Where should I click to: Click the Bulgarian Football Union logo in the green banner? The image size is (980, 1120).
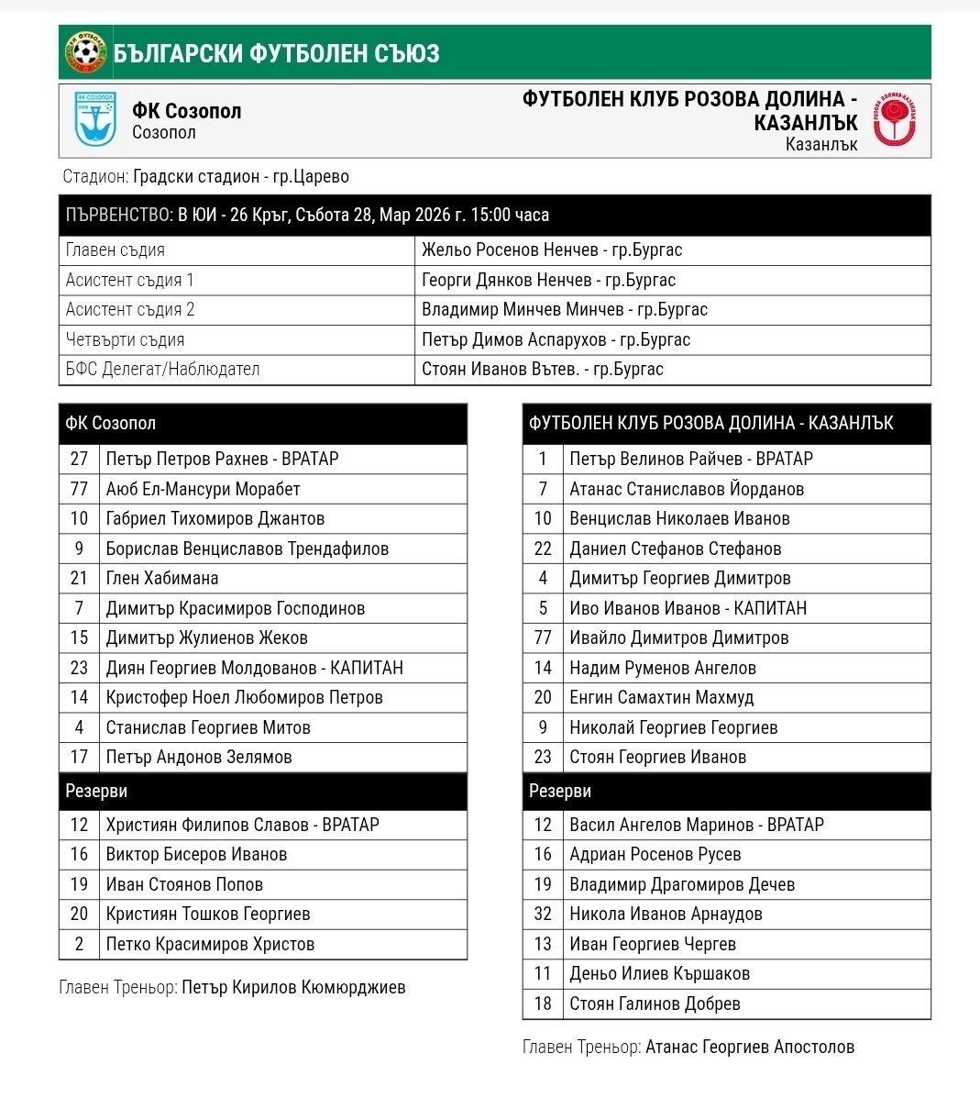point(86,53)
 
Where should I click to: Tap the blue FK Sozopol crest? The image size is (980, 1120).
point(95,120)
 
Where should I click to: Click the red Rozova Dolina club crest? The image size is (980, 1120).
point(894,120)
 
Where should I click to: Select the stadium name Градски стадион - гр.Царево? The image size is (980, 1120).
point(240,177)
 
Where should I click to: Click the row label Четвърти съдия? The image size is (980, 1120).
point(125,339)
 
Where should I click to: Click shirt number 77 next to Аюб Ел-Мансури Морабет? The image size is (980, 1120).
point(79,489)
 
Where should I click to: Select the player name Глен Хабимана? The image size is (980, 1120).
point(162,578)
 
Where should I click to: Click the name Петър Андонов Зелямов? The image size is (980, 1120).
point(199,757)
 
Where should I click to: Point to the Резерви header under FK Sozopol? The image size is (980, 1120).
point(96,791)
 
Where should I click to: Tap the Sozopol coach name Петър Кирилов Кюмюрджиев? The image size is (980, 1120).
point(293,987)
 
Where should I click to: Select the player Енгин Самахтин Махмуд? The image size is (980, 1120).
point(661,697)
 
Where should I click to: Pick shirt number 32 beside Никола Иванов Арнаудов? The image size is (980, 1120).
point(543,914)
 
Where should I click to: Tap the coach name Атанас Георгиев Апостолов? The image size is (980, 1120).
point(749,1047)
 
